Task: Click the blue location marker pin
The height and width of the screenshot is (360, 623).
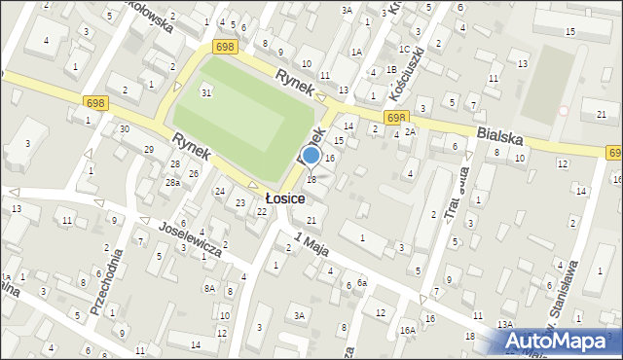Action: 311,157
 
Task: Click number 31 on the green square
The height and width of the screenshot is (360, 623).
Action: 205,91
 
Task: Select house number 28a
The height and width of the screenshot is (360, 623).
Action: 172,183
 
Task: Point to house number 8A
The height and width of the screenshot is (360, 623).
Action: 209,288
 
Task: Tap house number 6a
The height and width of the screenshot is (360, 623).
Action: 361,282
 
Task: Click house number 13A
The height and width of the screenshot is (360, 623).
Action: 504,324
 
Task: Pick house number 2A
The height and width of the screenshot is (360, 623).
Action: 411,131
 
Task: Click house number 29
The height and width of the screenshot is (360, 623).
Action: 149,149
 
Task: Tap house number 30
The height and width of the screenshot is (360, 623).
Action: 124,129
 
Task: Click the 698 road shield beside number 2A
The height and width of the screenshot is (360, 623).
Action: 394,117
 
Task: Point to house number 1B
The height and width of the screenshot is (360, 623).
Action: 390,70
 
